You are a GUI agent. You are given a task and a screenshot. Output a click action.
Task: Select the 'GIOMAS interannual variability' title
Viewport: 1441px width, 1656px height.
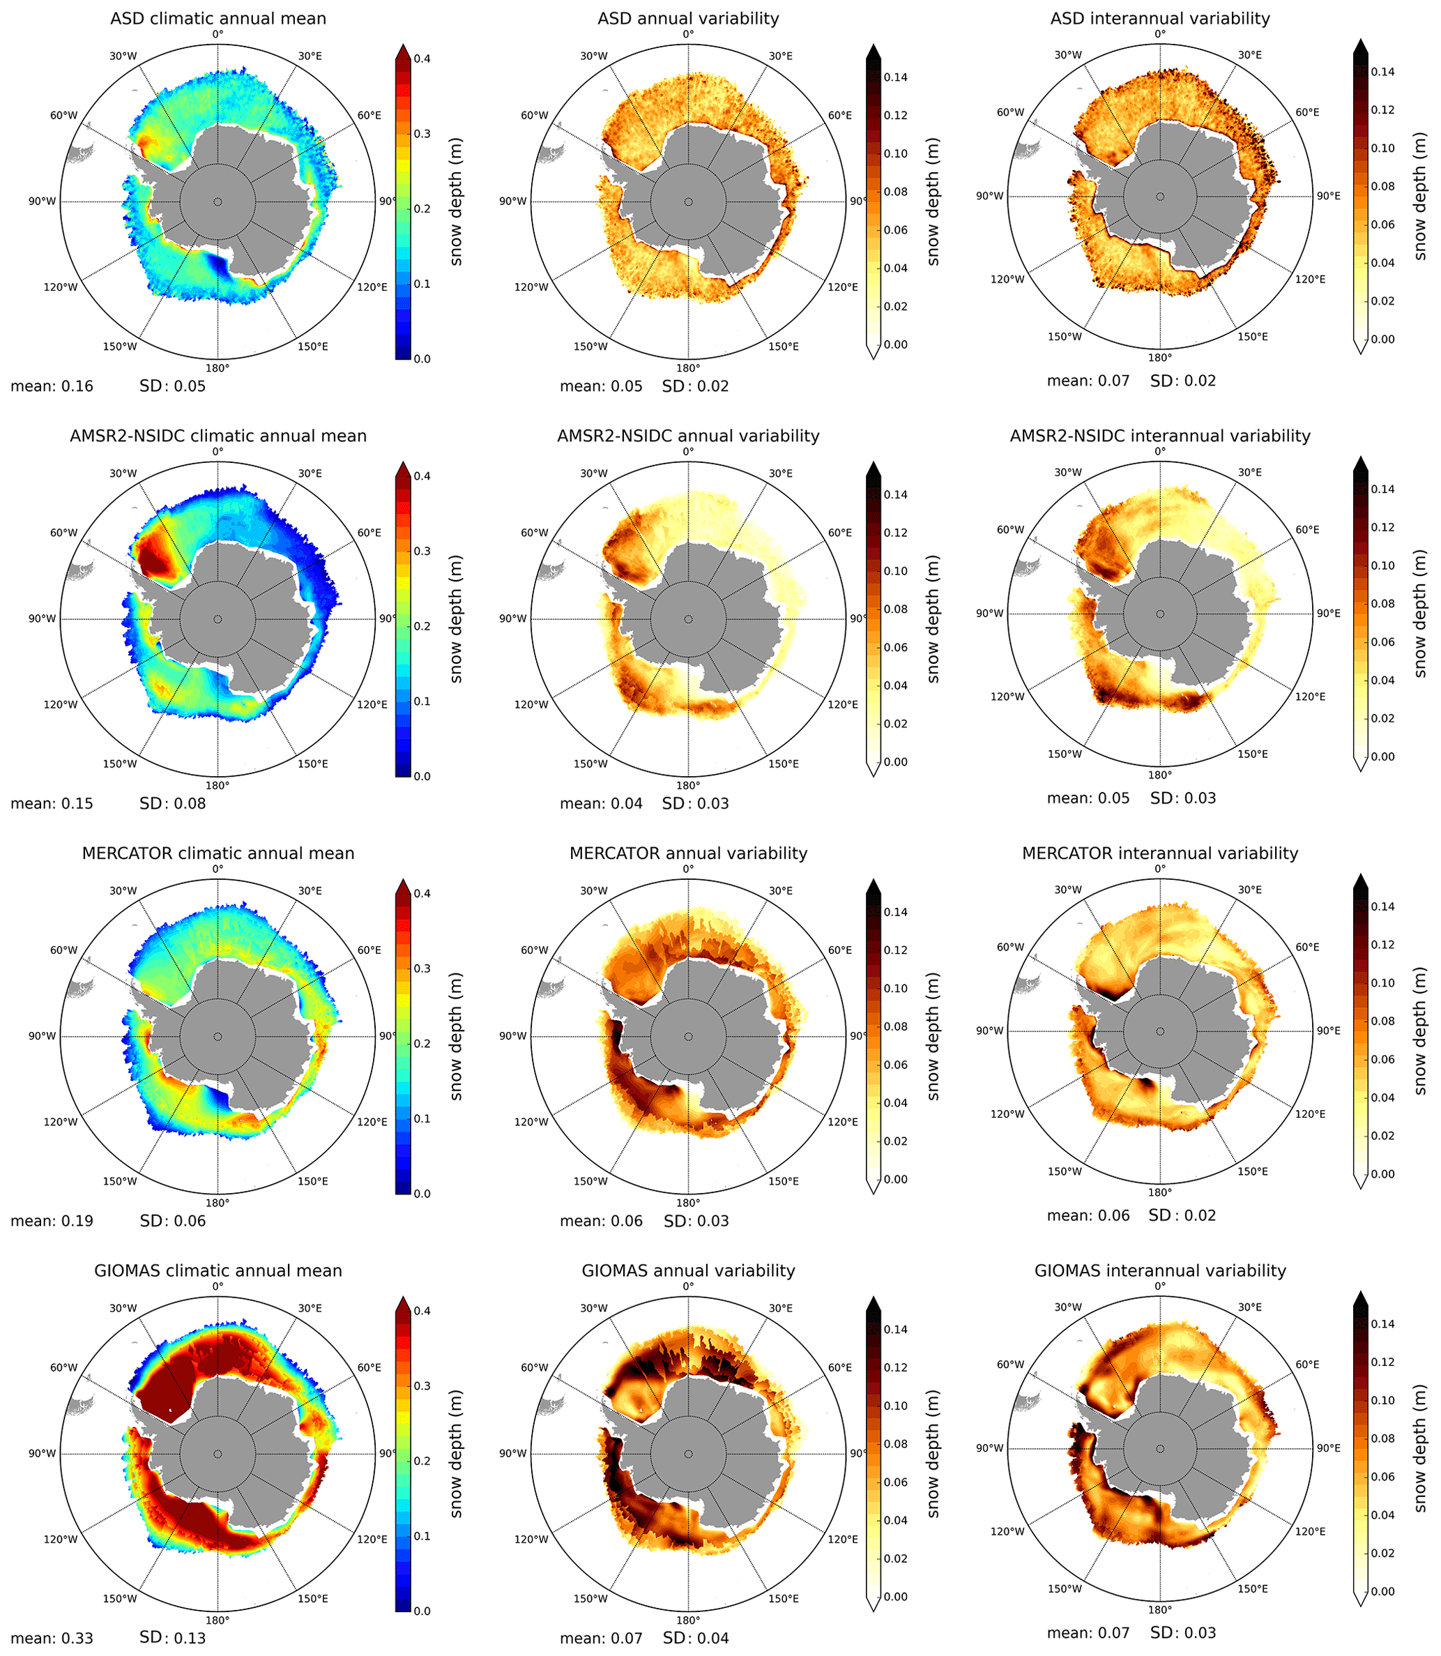tap(1159, 1270)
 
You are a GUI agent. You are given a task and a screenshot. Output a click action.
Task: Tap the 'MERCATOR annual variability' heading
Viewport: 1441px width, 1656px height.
tap(688, 853)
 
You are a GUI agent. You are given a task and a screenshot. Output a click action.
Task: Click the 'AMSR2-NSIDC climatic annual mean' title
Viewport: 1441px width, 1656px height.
tap(218, 436)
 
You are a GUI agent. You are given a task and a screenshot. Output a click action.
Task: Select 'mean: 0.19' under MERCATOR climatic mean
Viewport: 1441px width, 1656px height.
tap(52, 1221)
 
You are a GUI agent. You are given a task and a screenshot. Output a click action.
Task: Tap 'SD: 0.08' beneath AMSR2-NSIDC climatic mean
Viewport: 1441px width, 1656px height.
tap(172, 803)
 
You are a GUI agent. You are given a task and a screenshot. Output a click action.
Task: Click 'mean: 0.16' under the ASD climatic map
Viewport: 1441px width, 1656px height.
tap(52, 386)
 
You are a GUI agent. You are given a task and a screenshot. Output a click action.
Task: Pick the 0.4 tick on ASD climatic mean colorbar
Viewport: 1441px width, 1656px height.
tap(422, 59)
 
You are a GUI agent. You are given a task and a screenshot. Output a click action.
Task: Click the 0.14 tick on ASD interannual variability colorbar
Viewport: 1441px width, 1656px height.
tap(1383, 72)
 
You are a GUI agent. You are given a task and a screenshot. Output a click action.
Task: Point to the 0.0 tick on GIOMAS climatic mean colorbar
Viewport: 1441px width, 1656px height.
tap(422, 1611)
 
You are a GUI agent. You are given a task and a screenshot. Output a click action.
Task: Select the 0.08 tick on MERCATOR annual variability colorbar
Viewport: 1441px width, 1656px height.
tap(895, 1027)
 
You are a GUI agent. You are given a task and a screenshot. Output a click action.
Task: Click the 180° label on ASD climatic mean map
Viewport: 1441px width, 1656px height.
tap(218, 368)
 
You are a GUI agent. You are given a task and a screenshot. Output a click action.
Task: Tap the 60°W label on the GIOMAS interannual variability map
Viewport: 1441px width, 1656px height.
tap(1010, 1365)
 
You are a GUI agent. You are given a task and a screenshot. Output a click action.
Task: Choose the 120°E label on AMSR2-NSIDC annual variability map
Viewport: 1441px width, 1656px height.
tap(843, 704)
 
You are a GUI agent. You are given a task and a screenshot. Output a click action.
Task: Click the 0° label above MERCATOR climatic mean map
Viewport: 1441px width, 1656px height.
tap(218, 869)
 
